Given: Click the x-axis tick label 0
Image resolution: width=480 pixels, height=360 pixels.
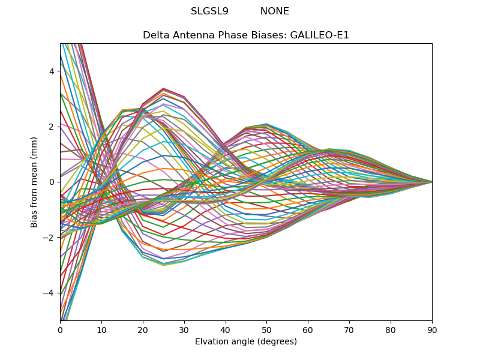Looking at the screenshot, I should click(60, 329).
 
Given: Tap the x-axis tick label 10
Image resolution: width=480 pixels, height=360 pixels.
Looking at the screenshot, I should click(101, 329).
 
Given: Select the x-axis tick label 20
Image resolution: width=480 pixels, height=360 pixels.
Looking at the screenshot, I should click(143, 329).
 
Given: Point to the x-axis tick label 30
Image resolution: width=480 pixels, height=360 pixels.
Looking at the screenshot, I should click(184, 329).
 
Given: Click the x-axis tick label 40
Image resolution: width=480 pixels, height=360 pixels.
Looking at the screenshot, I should click(226, 329).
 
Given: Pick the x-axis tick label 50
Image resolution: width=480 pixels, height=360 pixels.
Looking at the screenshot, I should click(266, 329).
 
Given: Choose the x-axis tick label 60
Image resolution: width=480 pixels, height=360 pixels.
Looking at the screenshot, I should click(308, 329).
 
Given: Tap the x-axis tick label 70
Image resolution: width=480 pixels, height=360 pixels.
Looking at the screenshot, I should click(349, 329).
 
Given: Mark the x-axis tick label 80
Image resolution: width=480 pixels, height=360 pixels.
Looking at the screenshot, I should click(391, 329).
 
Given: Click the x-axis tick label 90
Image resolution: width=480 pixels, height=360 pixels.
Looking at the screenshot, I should click(432, 329).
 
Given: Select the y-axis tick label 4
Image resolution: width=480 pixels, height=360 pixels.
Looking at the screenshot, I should click(52, 71).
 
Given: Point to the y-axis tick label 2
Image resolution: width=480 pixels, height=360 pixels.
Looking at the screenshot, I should click(52, 127).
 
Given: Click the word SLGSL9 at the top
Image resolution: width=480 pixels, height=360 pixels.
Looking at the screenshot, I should click(209, 11).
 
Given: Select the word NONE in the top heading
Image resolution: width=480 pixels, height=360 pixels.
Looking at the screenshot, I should click(274, 11).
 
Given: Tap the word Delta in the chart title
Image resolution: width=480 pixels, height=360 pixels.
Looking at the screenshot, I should click(155, 35).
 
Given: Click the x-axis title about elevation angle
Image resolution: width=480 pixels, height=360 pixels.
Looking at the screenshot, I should click(246, 342).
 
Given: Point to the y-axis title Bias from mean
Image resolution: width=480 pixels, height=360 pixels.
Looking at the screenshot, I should click(35, 182).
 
